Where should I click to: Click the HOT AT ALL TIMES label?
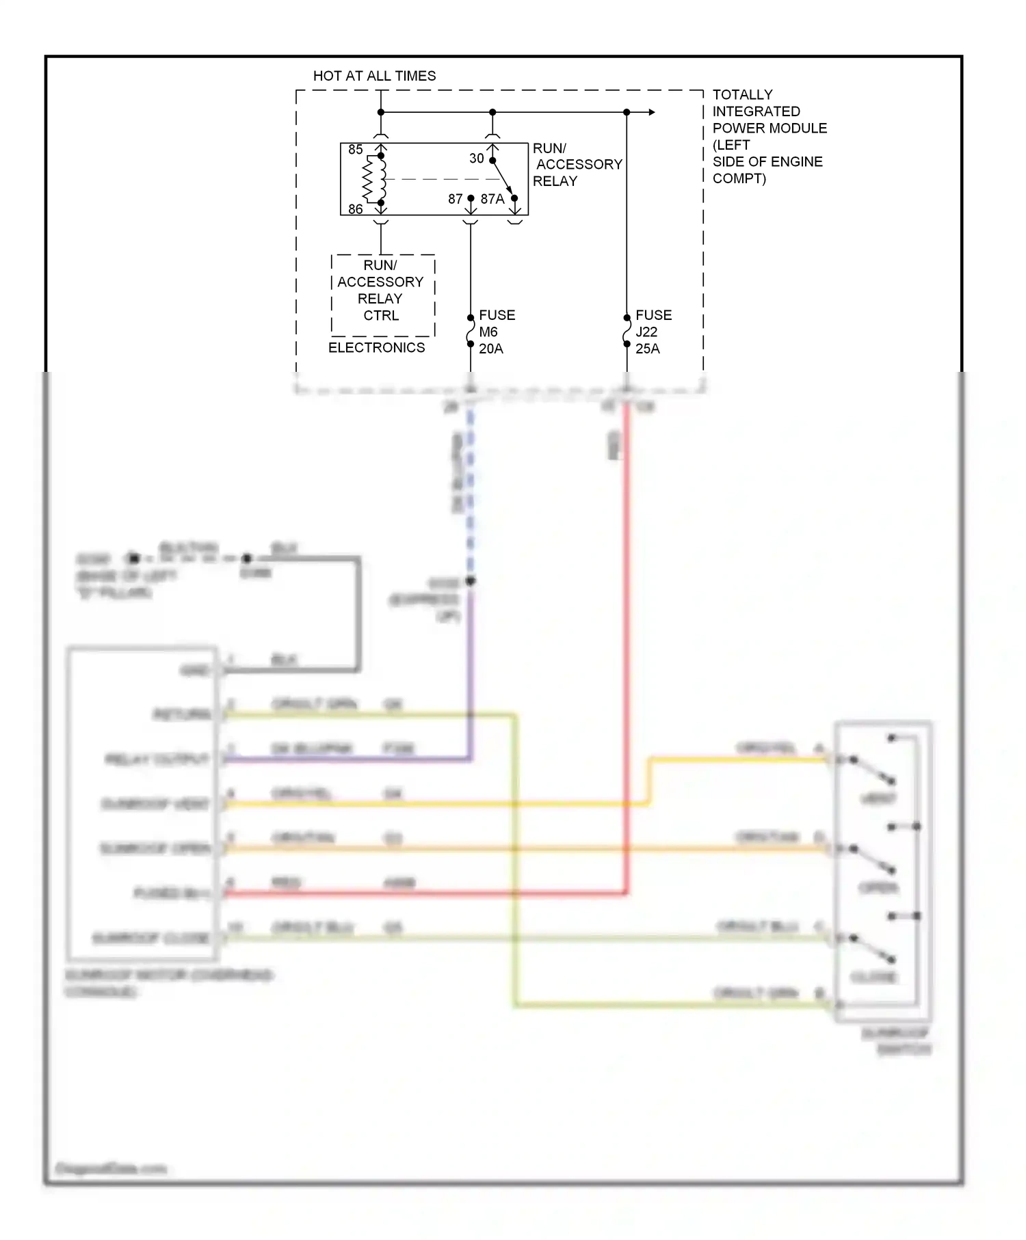click(x=374, y=76)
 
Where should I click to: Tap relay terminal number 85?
click(x=355, y=149)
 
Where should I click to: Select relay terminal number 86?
click(x=355, y=209)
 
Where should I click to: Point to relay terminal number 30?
click(x=476, y=158)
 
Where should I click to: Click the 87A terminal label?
click(x=492, y=199)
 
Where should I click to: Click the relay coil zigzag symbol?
click(x=370, y=179)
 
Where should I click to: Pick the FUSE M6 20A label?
click(x=497, y=332)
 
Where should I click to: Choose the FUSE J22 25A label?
click(x=653, y=332)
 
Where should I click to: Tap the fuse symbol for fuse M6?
click(x=471, y=331)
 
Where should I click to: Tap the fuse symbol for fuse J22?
click(x=627, y=331)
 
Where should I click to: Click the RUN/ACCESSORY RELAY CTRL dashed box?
click(x=382, y=295)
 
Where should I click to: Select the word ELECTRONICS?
click(x=376, y=347)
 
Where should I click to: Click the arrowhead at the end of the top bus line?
click(x=652, y=112)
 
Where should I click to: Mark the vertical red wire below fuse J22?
click(x=627, y=615)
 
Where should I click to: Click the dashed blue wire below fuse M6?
click(x=471, y=492)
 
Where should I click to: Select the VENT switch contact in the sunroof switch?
click(x=872, y=770)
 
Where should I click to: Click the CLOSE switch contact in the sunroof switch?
click(x=872, y=948)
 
